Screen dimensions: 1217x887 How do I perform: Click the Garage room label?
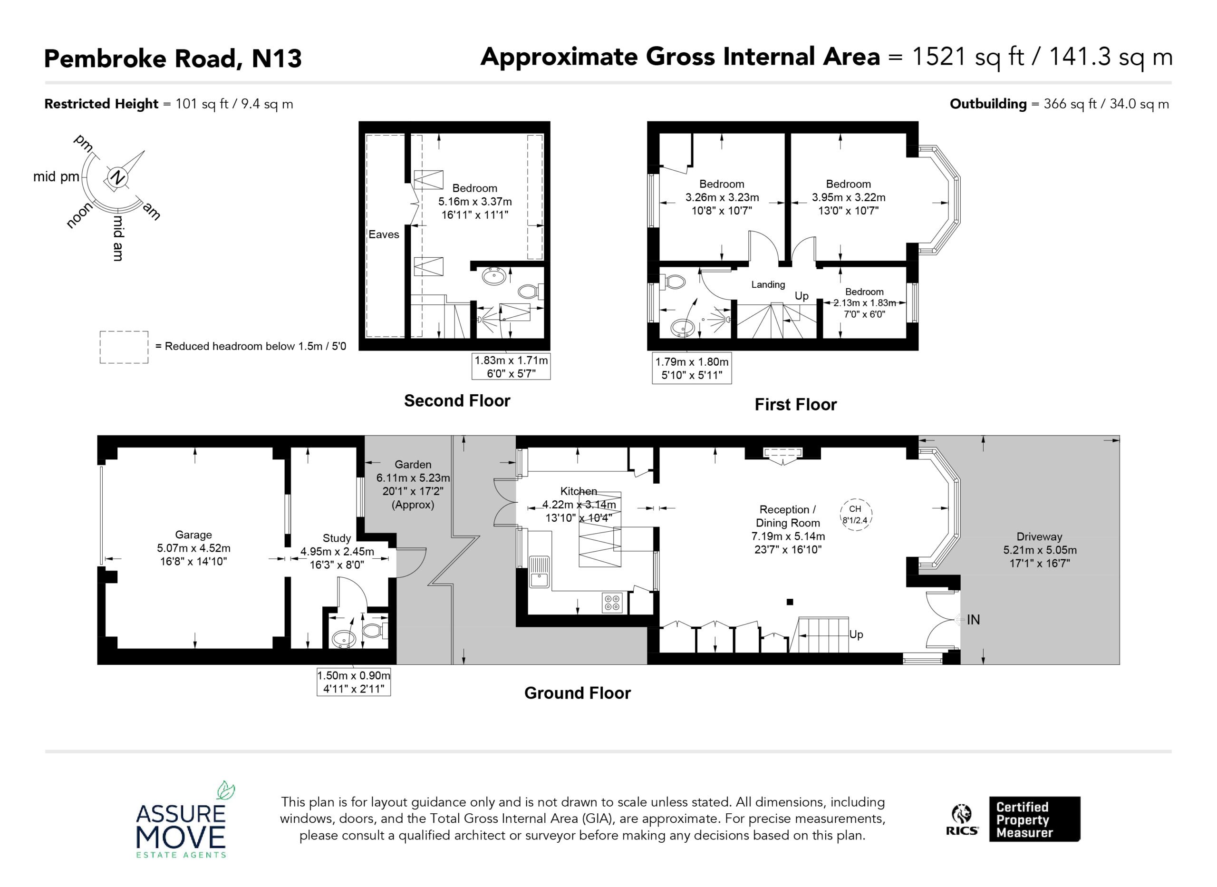click(193, 535)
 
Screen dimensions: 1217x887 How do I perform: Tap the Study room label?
click(337, 538)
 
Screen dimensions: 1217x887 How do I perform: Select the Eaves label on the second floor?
click(384, 234)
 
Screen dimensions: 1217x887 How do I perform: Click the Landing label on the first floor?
click(768, 284)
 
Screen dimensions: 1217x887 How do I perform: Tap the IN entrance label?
click(974, 620)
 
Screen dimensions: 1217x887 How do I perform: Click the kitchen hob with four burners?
click(612, 603)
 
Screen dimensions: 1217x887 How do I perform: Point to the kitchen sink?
click(539, 571)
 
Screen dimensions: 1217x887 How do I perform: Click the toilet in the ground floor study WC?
click(375, 630)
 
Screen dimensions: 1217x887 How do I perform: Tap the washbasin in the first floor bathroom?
click(683, 327)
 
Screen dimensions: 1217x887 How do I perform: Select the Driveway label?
click(1039, 536)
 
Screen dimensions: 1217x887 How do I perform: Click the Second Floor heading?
click(457, 400)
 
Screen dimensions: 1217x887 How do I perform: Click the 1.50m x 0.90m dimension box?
click(354, 682)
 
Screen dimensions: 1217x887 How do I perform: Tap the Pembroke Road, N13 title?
click(173, 58)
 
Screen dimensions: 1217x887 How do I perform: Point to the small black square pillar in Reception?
click(790, 602)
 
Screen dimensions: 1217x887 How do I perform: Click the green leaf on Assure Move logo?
click(226, 790)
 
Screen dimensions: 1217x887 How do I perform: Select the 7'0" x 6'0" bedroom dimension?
click(864, 314)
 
